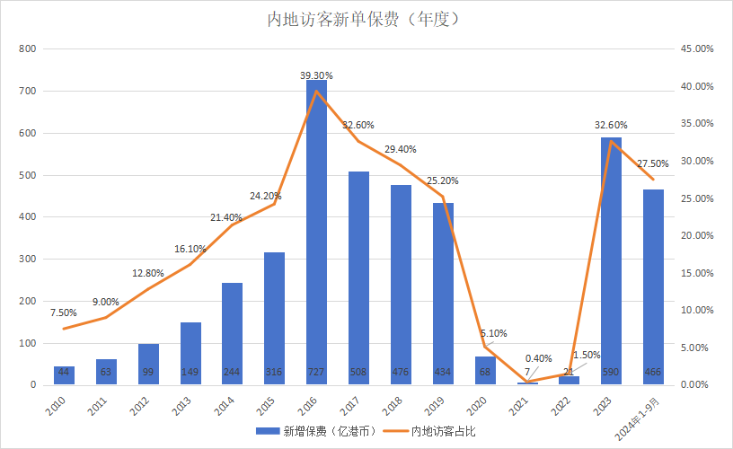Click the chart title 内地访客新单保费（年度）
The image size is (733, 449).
tap(366, 19)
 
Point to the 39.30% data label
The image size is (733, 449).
tap(317, 75)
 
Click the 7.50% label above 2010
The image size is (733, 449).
tap(63, 313)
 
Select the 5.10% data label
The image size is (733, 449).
tap(492, 332)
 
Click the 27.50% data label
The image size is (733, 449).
tap(653, 163)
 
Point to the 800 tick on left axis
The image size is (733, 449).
tap(27, 48)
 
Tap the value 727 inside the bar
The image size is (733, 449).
tap(317, 373)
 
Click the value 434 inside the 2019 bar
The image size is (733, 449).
tap(443, 373)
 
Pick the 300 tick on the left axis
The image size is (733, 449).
tap(27, 259)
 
